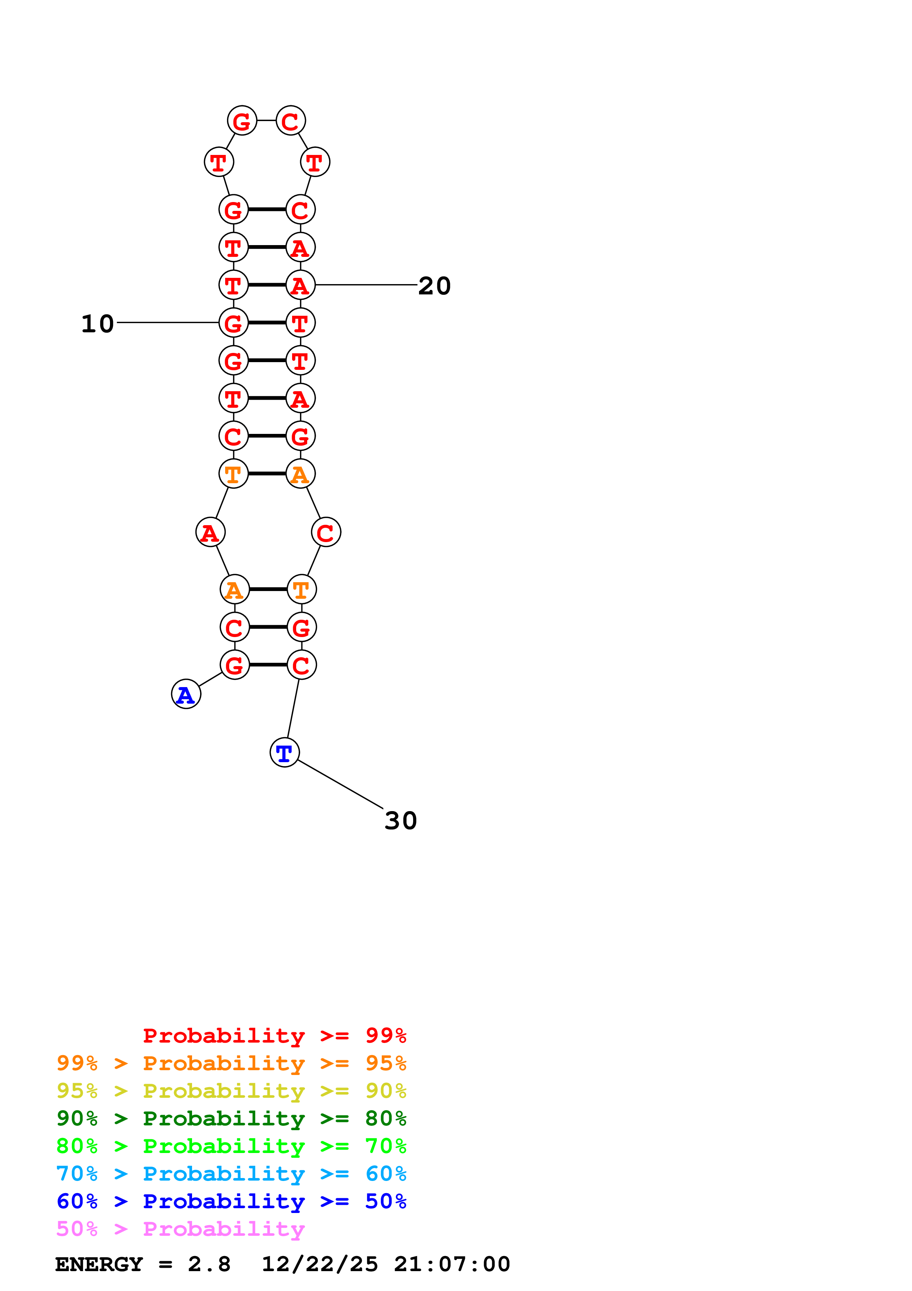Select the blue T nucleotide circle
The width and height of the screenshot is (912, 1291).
coord(284,752)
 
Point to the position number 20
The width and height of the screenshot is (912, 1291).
coord(434,286)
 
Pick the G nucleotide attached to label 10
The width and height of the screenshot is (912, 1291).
coord(233,323)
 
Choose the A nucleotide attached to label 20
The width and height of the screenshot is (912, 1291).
coord(300,285)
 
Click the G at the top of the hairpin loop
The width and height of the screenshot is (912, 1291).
coord(242,121)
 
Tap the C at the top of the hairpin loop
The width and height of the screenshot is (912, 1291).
coord(291,121)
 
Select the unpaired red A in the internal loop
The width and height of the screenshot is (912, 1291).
coord(210,532)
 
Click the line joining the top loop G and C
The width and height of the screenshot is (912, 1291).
coord(266,120)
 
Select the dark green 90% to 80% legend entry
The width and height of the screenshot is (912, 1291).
coord(231,1118)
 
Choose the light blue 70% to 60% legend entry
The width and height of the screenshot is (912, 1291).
coord(231,1174)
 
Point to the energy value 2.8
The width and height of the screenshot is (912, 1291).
coord(209,1264)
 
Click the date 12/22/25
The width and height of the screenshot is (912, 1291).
coord(320,1264)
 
